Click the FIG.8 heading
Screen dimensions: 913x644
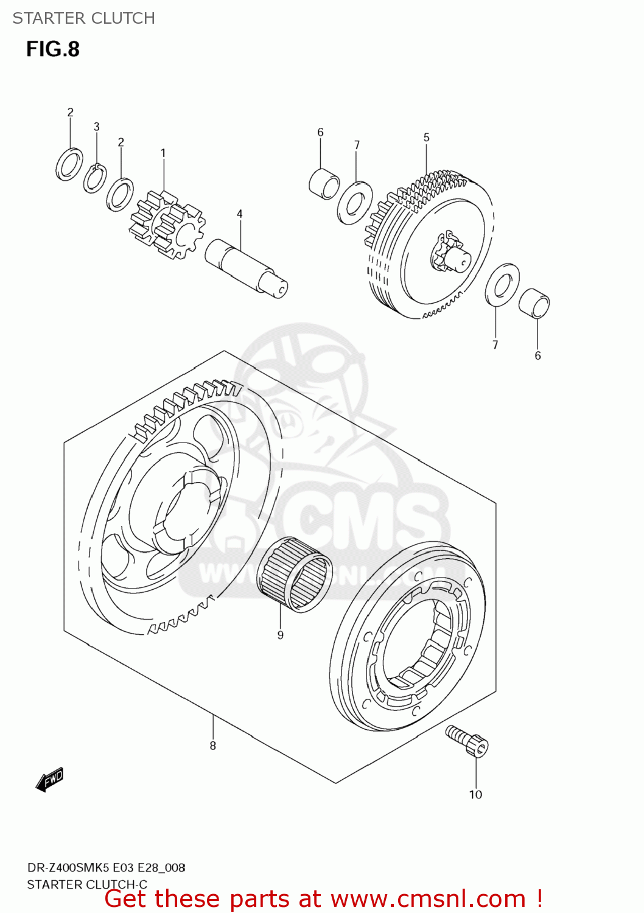(x=52, y=49)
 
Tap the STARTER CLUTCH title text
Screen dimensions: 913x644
(x=83, y=18)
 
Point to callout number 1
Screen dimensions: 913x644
(x=163, y=153)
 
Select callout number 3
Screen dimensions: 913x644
(x=97, y=127)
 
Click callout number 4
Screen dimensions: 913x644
(x=240, y=214)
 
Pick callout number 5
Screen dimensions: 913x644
(x=427, y=138)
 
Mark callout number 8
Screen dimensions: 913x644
(x=213, y=746)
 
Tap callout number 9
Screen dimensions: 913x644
(x=281, y=635)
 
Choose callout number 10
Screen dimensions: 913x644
(x=475, y=794)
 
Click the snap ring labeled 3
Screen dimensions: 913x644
(x=95, y=178)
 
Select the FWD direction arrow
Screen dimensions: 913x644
(x=49, y=779)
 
